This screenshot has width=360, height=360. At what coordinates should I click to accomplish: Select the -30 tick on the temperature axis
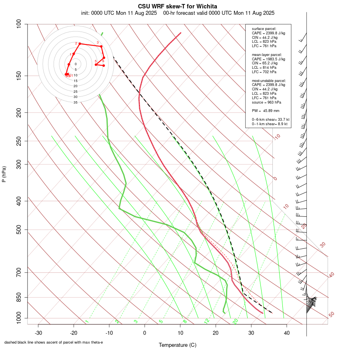tap(38, 332)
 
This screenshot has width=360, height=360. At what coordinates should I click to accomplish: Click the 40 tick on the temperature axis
tap(286, 332)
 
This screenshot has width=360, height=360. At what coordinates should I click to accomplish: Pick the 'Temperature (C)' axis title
tap(177, 345)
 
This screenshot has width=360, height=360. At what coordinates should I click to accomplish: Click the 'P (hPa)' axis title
tap(4, 174)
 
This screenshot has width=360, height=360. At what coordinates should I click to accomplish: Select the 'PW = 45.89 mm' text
tap(266, 111)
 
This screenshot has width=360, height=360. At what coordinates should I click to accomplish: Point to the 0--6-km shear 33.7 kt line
tap(270, 120)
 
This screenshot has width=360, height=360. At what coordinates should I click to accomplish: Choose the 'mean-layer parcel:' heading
tap(267, 54)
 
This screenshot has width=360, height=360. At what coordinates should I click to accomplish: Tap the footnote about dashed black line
tap(54, 342)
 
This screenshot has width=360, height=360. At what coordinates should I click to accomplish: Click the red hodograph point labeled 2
tap(80, 44)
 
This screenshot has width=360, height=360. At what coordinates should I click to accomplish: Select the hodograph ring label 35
tap(75, 102)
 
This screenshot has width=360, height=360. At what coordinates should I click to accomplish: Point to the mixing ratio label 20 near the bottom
tap(235, 321)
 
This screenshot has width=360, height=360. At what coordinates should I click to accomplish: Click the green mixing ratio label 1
tap(87, 322)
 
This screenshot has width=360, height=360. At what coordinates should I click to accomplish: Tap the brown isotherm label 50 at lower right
tap(331, 315)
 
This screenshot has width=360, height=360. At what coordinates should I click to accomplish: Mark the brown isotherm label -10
tap(277, 137)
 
